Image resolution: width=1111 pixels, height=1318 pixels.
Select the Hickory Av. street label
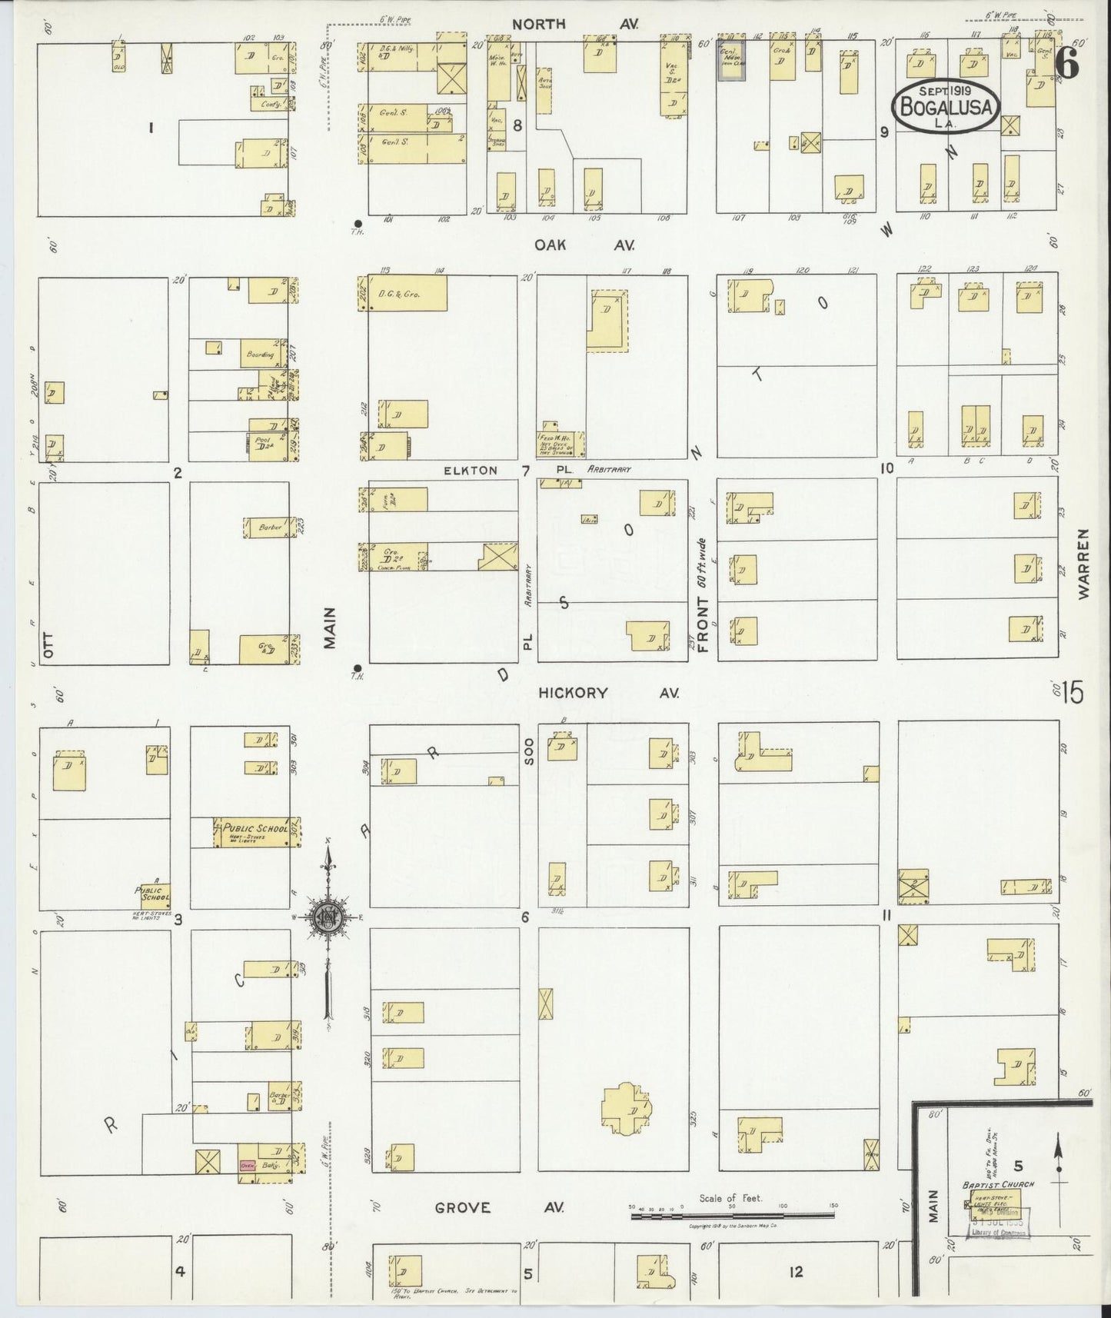coord(608,693)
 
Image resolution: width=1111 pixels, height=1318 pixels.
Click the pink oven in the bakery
coord(248,1166)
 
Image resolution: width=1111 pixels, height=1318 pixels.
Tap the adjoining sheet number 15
coord(1073,693)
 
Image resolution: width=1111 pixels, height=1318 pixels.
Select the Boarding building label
coord(260,355)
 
